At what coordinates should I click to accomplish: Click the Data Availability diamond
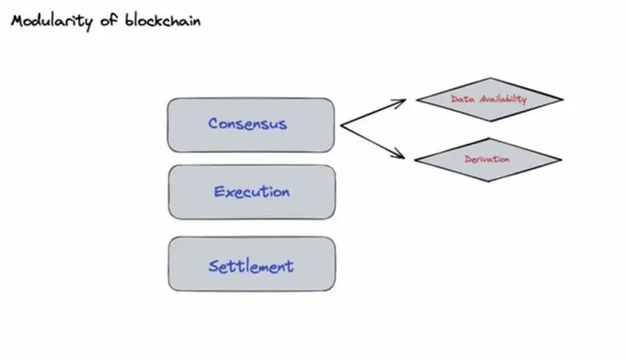coord(489,99)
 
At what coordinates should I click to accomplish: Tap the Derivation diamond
coord(487,160)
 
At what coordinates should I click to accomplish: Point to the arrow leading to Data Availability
coord(372,113)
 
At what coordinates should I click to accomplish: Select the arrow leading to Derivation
coord(372,142)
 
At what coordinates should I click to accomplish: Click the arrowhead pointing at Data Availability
coord(401,101)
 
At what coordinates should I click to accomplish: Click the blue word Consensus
coord(247,124)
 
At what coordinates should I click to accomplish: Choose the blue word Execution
coord(251,192)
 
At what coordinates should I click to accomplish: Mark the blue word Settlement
coord(250,266)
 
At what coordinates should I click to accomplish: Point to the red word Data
coord(462,99)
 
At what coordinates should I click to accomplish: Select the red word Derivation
coord(487,160)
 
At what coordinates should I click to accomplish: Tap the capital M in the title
coord(17,21)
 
